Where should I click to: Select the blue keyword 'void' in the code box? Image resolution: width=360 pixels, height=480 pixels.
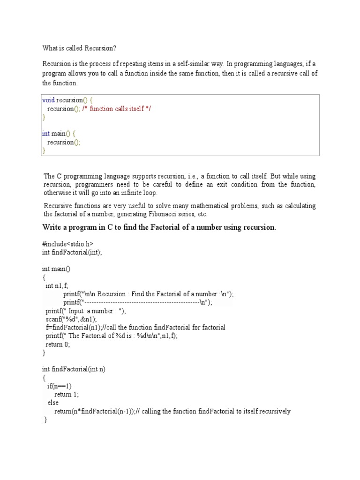pos(48,100)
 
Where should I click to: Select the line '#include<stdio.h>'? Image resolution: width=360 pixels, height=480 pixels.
pos(67,244)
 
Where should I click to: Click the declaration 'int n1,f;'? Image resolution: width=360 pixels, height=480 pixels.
pos(57,285)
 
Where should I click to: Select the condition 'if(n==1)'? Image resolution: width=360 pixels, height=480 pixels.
pos(59,386)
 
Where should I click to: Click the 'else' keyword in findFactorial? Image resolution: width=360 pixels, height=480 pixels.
pos(52,403)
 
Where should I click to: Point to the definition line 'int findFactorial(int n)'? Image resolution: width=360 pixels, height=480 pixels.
pos(74,369)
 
